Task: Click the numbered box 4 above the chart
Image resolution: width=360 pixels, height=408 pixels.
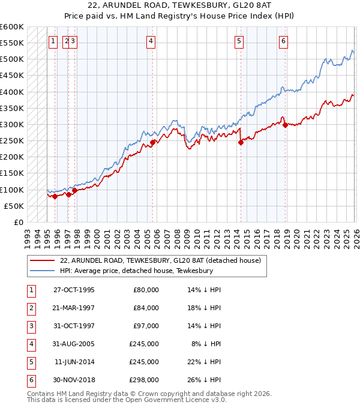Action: tap(151, 41)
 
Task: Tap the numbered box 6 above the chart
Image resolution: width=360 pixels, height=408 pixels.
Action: tap(283, 41)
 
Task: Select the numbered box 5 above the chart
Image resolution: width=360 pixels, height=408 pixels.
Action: tap(239, 41)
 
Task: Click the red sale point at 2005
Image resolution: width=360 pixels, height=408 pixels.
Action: tap(152, 142)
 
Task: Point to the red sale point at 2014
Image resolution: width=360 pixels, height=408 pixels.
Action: tap(241, 142)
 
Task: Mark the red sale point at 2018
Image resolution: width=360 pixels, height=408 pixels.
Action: tap(285, 125)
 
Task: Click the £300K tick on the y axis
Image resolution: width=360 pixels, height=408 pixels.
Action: tap(12, 124)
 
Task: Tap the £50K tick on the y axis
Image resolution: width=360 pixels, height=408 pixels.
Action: tap(14, 206)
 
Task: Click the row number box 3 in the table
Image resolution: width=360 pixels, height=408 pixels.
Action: tap(29, 326)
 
